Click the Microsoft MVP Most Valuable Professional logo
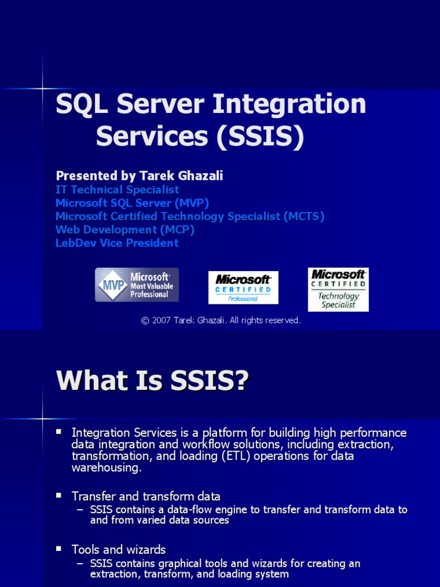[x=136, y=285]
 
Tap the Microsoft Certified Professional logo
[x=243, y=287]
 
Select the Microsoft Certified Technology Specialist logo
[x=338, y=289]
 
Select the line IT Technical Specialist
[x=117, y=190]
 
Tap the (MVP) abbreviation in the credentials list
[x=192, y=203]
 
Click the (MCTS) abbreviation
[x=304, y=216]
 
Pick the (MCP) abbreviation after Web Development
[x=177, y=229]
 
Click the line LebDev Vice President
[x=117, y=243]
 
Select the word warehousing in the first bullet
[x=106, y=468]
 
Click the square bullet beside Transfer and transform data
[x=58, y=495]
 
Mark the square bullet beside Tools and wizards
[x=58, y=549]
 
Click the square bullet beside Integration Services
[x=58, y=431]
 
